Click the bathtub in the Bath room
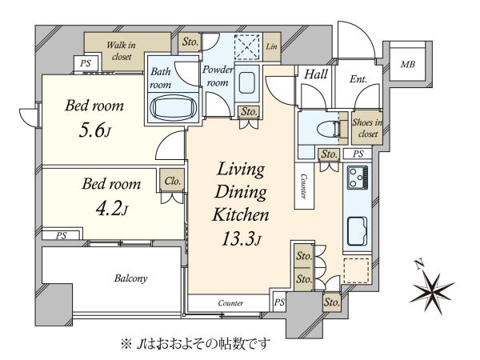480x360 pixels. click(x=174, y=108)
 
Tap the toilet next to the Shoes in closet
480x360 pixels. click(x=329, y=129)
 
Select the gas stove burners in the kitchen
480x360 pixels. click(x=358, y=178)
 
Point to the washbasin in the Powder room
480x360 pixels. click(x=246, y=82)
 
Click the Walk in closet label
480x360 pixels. click(x=121, y=51)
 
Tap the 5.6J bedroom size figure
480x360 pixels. click(x=94, y=130)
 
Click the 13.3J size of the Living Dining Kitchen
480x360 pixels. click(x=242, y=238)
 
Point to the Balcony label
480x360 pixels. click(x=130, y=278)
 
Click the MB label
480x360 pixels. click(x=408, y=65)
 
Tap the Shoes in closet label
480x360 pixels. click(x=367, y=128)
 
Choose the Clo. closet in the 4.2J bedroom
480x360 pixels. click(x=172, y=181)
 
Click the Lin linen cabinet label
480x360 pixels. click(x=271, y=46)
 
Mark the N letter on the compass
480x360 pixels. click(x=419, y=263)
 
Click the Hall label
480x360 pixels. click(x=316, y=74)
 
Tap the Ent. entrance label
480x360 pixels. click(x=358, y=79)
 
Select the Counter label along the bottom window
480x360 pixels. click(x=230, y=303)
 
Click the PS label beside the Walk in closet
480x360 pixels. click(x=86, y=63)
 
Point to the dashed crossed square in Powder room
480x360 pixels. click(x=246, y=47)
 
